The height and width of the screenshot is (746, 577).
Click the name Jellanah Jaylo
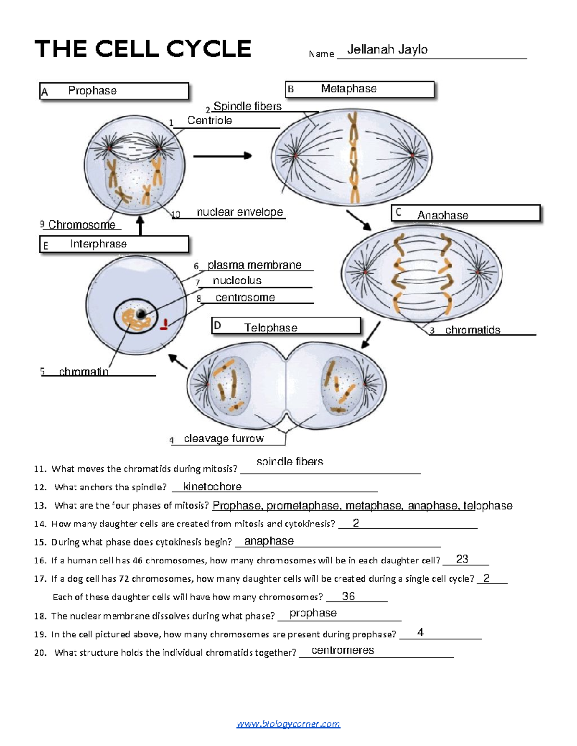[387, 49]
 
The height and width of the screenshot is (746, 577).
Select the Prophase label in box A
[92, 91]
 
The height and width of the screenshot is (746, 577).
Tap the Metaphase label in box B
[349, 89]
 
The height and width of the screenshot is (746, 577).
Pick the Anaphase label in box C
[442, 215]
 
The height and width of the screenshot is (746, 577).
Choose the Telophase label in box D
[270, 328]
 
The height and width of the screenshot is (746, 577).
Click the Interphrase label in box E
[98, 244]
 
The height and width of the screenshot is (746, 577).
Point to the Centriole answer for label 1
[210, 121]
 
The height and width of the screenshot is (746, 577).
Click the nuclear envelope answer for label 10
[239, 212]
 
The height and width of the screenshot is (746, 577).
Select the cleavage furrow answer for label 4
[224, 439]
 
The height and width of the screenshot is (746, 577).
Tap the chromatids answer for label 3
[472, 330]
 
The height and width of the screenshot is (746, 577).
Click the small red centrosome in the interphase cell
[164, 326]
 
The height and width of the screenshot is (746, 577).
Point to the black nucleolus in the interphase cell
[140, 314]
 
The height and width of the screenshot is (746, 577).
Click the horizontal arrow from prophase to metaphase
[223, 156]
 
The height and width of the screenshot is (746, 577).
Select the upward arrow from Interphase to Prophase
[140, 226]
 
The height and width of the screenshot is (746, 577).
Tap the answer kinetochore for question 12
[212, 487]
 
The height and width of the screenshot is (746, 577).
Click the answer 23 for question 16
[462, 559]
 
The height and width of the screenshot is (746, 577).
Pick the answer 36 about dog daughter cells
[348, 596]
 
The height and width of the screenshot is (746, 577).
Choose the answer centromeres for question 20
[342, 650]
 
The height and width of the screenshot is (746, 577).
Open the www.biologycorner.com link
[288, 724]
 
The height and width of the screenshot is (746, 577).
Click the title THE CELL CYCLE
[142, 49]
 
